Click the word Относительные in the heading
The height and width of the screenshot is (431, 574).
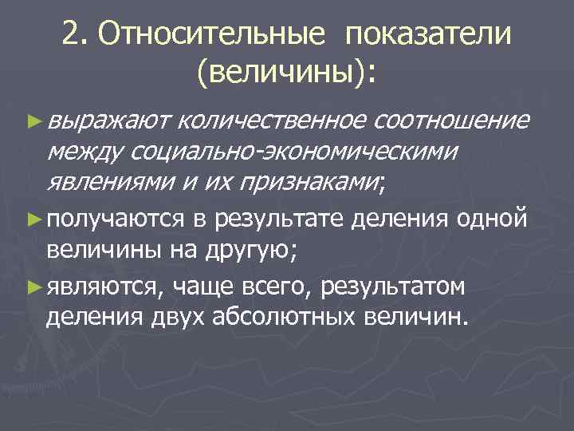point(209,34)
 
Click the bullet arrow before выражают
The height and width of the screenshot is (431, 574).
point(31,121)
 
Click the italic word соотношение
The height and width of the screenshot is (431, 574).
point(450,121)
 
